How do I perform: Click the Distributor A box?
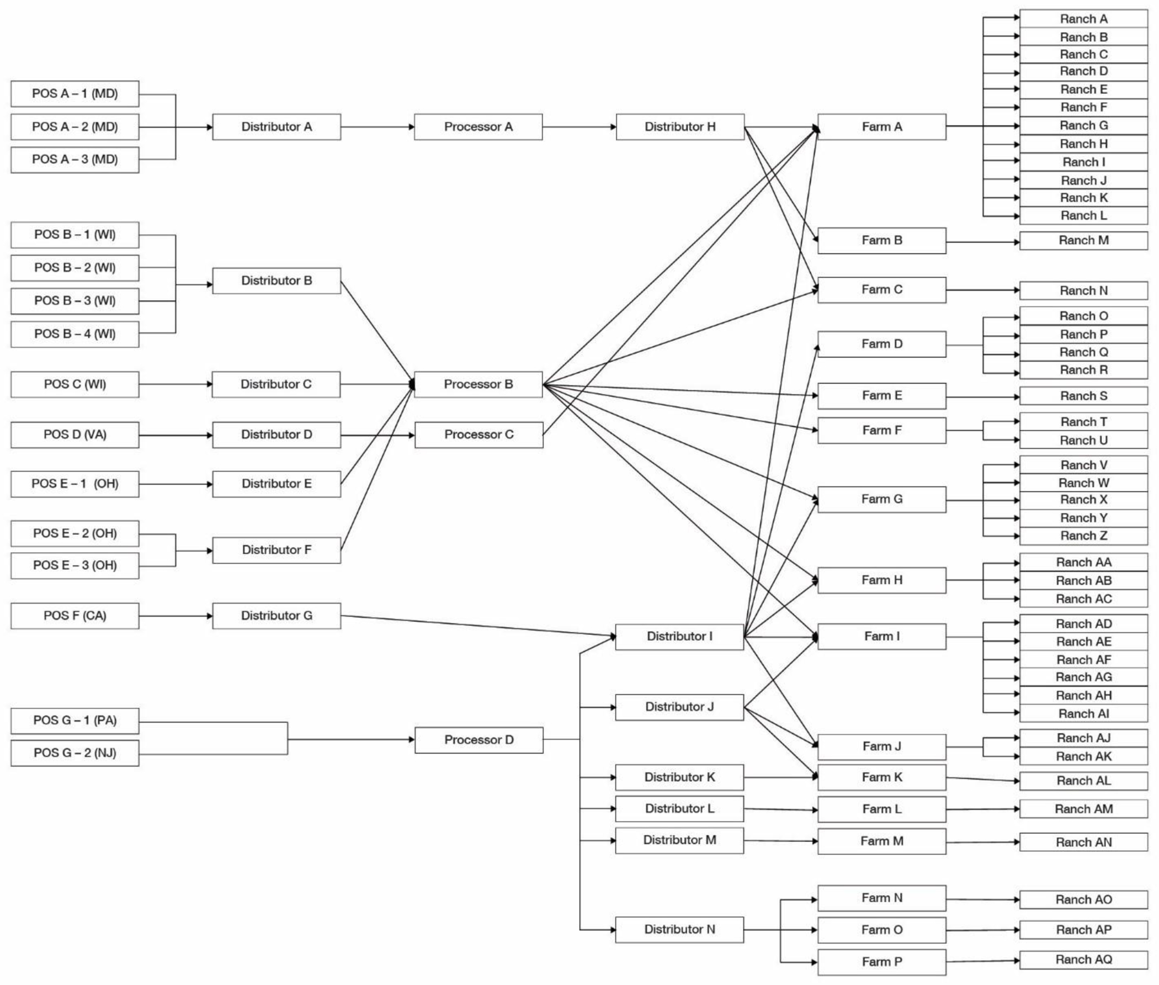pos(276,127)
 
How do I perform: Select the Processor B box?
pos(477,384)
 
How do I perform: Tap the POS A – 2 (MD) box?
pos(75,127)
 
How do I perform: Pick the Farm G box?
pos(881,499)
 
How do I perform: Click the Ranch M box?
pos(1083,241)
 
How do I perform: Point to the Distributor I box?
pos(679,637)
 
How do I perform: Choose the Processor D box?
pos(478,740)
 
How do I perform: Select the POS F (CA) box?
pos(75,616)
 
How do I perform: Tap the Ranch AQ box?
pos(1083,960)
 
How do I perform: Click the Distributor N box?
pos(679,930)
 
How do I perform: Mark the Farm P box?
pos(881,962)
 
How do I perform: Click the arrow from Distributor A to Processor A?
pos(377,127)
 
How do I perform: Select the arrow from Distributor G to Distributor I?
pos(477,626)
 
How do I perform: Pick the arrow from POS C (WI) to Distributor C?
pos(175,384)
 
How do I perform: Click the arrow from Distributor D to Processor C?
pos(377,435)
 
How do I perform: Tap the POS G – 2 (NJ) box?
pos(75,753)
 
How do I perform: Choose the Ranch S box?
pos(1083,396)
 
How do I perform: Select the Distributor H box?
pos(679,127)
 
